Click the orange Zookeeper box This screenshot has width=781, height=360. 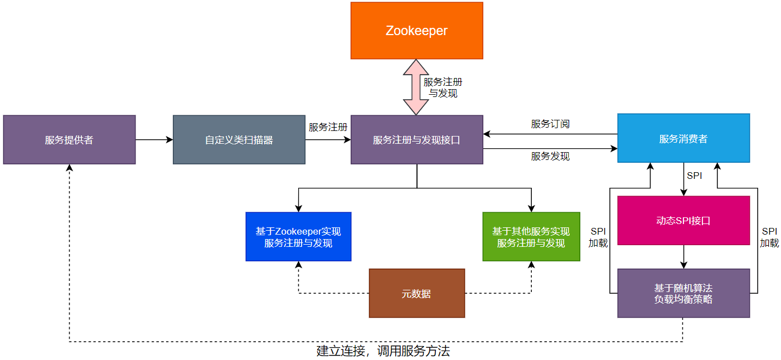(x=416, y=31)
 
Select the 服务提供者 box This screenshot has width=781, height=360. (x=69, y=140)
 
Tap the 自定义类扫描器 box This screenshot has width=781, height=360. (x=239, y=140)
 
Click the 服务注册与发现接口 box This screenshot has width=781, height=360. (x=416, y=140)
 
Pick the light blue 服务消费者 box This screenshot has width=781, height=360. (x=683, y=138)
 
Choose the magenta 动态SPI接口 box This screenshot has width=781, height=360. (x=683, y=221)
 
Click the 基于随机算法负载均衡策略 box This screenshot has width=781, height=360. (x=683, y=294)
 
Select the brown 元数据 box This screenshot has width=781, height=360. (x=416, y=294)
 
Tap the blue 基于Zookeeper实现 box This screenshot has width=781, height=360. (x=298, y=237)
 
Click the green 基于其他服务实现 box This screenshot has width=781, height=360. (x=531, y=237)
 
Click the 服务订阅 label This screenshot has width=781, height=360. (x=550, y=124)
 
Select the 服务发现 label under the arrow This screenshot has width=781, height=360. (x=550, y=157)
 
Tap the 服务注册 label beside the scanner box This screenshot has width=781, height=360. (x=328, y=127)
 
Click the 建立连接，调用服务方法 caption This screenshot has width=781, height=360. (x=383, y=351)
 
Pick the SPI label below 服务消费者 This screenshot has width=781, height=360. (x=694, y=176)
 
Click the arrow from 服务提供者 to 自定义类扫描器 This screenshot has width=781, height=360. (x=154, y=140)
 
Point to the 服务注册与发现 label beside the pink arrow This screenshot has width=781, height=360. (x=443, y=87)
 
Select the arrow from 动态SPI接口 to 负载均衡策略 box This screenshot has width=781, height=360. (x=684, y=257)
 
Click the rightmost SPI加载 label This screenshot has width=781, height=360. (x=769, y=237)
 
